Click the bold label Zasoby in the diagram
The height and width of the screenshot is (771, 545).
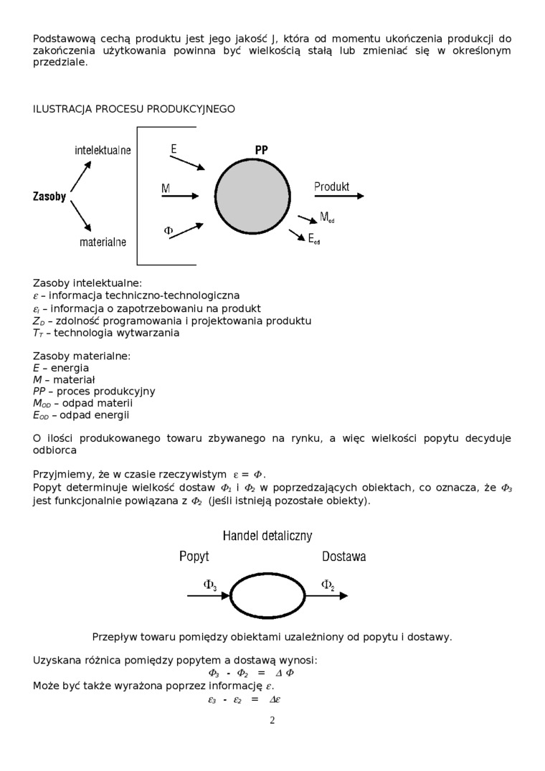pyautogui.click(x=49, y=197)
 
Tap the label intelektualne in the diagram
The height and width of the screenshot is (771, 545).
pyautogui.click(x=103, y=151)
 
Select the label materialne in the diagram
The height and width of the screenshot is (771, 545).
pyautogui.click(x=103, y=242)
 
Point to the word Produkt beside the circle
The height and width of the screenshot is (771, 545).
pyautogui.click(x=331, y=186)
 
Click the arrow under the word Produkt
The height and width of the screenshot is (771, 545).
pyautogui.click(x=338, y=197)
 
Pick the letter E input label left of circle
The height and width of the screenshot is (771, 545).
pyautogui.click(x=174, y=148)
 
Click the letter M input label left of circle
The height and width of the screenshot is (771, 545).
pyautogui.click(x=166, y=189)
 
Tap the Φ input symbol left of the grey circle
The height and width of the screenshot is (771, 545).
pyautogui.click(x=169, y=230)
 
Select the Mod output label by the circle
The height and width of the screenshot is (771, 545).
pyautogui.click(x=327, y=217)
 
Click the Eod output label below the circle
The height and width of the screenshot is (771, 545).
pyautogui.click(x=314, y=240)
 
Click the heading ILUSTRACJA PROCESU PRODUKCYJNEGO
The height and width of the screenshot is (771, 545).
pyautogui.click(x=134, y=109)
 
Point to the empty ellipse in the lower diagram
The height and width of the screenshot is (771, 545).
pyautogui.click(x=267, y=595)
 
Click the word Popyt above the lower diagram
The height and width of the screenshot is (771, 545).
pyautogui.click(x=194, y=557)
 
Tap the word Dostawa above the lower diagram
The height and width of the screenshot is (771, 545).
pyautogui.click(x=344, y=557)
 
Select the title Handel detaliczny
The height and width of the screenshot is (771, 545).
pyautogui.click(x=267, y=536)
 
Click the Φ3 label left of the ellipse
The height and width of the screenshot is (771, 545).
pyautogui.click(x=210, y=585)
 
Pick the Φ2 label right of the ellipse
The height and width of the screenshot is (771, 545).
pyautogui.click(x=328, y=585)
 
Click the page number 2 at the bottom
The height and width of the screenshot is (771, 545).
pyautogui.click(x=272, y=720)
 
